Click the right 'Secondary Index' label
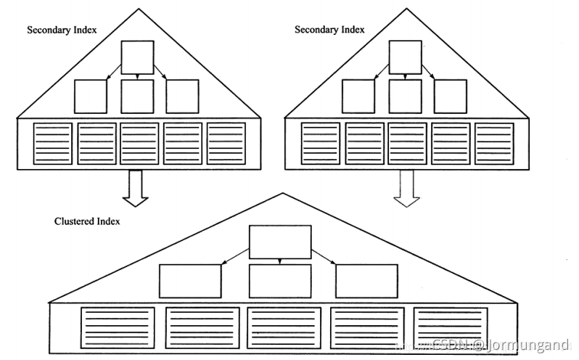coord(329,30)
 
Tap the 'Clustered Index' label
coord(87,221)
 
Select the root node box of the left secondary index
coord(137,57)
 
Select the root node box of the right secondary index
coord(405,57)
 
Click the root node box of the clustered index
coord(280,242)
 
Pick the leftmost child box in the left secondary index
coord(91,96)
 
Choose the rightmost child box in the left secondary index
coord(182,96)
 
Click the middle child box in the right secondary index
coord(405,96)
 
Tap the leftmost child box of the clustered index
coord(190,281)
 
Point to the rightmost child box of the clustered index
coord(366,281)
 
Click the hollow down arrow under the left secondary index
coord(136,187)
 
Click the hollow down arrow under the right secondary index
coord(406,187)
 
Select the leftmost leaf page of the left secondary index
coord(53,143)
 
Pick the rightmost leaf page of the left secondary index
coord(226,143)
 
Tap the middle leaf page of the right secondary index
coord(407,143)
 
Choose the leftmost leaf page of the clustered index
coord(118,328)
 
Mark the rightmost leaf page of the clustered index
coord(451,328)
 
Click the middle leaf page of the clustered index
coord(284,328)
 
